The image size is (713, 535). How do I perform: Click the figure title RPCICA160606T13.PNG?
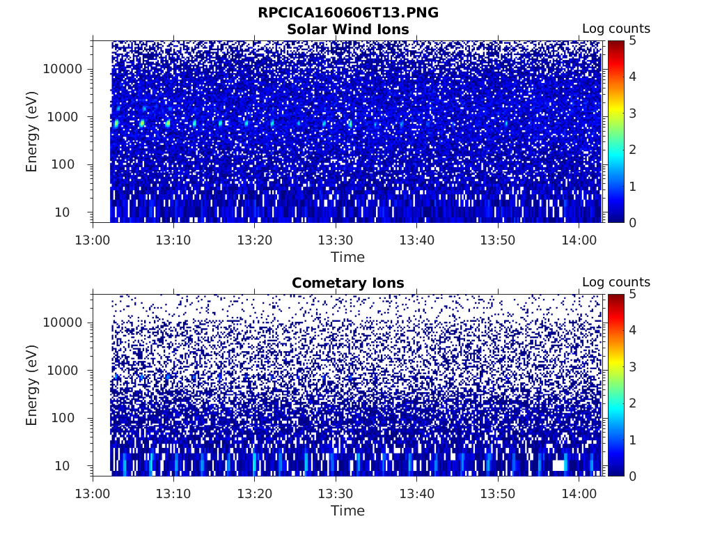tap(347, 13)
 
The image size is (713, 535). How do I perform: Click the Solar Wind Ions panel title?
tap(347, 29)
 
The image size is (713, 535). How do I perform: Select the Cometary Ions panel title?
tap(347, 283)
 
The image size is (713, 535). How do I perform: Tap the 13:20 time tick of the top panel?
tap(255, 240)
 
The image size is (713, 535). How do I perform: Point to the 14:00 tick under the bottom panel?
tap(579, 493)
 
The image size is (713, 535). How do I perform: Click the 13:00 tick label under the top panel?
tap(93, 240)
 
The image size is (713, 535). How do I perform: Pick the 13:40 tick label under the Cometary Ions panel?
tap(416, 493)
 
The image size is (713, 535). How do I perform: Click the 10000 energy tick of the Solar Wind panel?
tap(63, 69)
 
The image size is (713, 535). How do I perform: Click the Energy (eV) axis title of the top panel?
tap(32, 131)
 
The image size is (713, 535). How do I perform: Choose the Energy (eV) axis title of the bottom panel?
tap(32, 385)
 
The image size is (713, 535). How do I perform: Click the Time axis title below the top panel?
tap(347, 257)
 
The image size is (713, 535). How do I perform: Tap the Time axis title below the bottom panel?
tap(347, 511)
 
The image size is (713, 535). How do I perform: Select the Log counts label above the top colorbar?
tap(616, 29)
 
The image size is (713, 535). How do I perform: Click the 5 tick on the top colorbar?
tap(633, 40)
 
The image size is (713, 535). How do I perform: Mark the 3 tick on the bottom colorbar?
tap(633, 366)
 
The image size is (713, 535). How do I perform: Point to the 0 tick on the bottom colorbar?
tap(633, 476)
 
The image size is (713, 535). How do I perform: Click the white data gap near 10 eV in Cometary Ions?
tap(558, 465)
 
